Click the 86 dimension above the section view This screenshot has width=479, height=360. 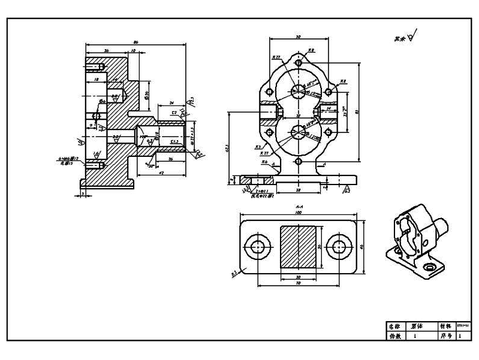tap(135, 41)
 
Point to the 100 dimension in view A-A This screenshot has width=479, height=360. tap(298, 212)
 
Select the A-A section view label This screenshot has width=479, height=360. tap(298, 205)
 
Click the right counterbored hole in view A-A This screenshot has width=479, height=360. tap(339, 246)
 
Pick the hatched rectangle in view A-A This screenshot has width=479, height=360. tap(298, 246)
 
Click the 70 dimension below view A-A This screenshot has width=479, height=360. tap(298, 283)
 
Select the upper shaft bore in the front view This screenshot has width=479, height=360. tap(298, 90)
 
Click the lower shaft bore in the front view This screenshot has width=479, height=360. tap(298, 133)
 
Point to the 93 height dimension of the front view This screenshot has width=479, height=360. tap(357, 111)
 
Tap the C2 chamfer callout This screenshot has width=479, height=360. tap(173, 112)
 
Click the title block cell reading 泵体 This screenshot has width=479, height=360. tap(416, 326)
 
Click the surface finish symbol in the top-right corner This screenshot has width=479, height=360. tap(412, 37)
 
